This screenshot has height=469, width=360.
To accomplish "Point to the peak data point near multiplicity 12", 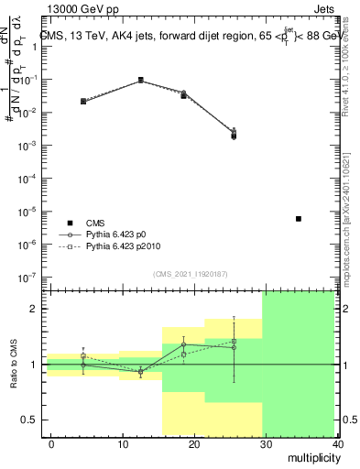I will (140, 80).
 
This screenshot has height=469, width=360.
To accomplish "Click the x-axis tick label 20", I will (193, 444).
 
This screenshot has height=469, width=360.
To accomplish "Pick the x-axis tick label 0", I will (51, 444).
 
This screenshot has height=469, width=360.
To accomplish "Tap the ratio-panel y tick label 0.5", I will (28, 420).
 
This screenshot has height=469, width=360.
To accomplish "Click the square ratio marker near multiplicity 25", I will (235, 341).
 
